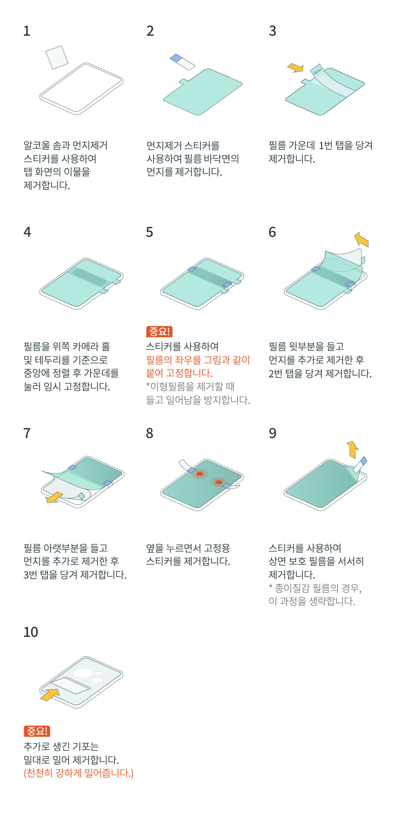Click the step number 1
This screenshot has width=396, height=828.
tap(27, 31)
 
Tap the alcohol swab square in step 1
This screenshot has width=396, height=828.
tap(57, 57)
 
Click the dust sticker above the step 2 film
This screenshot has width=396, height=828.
tap(182, 62)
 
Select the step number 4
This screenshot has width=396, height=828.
tap(27, 233)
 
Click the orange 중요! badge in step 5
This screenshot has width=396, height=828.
tap(159, 332)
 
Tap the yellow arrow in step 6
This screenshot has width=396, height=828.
tap(361, 239)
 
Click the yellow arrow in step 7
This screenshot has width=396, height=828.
tap(54, 497)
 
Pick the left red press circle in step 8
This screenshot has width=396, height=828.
tap(199, 474)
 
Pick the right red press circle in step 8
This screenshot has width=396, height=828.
tap(219, 482)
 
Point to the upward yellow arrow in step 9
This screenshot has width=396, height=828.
tap(353, 449)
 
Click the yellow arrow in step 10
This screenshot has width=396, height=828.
tap(49, 695)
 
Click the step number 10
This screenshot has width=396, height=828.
tap(30, 632)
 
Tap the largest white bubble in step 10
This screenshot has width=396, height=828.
tap(83, 673)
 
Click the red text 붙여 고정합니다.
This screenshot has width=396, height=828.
tap(179, 373)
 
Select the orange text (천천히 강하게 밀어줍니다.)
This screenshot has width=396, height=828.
tap(78, 773)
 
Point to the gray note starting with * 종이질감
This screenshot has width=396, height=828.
tap(315, 588)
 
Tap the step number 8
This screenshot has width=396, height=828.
tap(150, 434)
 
